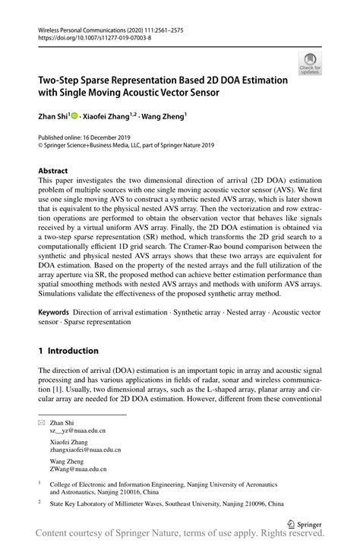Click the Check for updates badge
point(310,63)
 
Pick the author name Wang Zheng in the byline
point(163,116)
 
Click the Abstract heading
point(53,171)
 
